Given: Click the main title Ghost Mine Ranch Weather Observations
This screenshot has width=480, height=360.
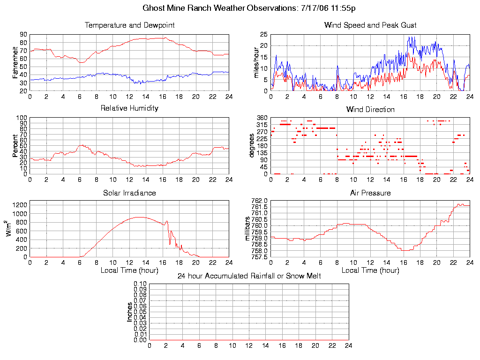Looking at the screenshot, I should click(248, 8).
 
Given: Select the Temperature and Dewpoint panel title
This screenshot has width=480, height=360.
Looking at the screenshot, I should click(129, 25).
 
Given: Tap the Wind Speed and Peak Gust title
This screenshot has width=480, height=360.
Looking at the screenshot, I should click(370, 25).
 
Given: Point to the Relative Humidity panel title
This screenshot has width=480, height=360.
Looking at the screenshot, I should click(129, 108).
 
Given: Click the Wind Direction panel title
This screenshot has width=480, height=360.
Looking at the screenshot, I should click(370, 110).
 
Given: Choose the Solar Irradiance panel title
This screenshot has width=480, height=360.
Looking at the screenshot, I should click(129, 193).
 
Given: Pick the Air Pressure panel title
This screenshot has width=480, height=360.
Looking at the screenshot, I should click(370, 193).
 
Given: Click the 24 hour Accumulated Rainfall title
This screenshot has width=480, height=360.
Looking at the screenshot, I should click(249, 276).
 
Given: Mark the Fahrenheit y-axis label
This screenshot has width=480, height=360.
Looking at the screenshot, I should click(15, 63).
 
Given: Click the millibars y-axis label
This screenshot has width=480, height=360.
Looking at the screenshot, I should click(248, 229).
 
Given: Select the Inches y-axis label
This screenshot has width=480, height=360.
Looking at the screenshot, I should click(129, 312).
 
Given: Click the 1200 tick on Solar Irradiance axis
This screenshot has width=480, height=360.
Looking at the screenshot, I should click(19, 204).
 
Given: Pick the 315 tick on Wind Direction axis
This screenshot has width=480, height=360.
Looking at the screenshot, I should click(262, 125).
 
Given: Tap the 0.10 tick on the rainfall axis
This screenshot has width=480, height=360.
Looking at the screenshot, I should click(140, 284).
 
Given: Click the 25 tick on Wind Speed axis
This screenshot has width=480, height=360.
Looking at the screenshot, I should click(263, 35).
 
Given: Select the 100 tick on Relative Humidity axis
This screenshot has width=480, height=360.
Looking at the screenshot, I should click(22, 118).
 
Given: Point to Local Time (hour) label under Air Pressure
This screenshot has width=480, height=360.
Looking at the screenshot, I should click(370, 270).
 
